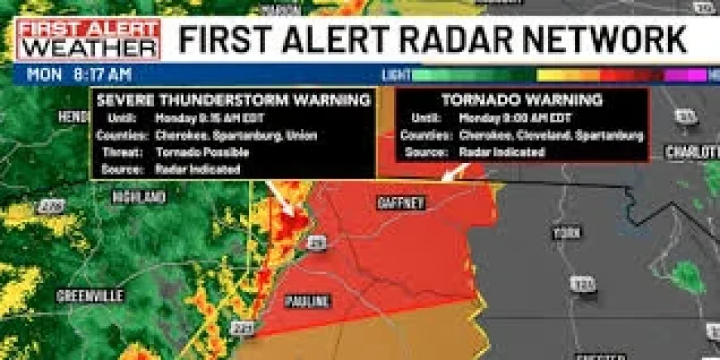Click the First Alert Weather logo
(x=88, y=39)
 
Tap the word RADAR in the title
(x=396, y=38)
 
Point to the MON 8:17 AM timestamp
(x=79, y=74)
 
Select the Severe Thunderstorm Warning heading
(x=233, y=100)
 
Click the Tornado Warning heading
(x=521, y=100)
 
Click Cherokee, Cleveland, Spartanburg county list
(x=550, y=135)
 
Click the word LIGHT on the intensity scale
(x=396, y=74)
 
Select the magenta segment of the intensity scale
(x=684, y=74)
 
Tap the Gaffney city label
(x=400, y=202)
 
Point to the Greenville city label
(x=89, y=295)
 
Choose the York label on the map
(x=567, y=233)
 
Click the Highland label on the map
(x=139, y=197)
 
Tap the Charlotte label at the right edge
(x=693, y=153)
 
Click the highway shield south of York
(x=583, y=284)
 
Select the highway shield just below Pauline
(x=241, y=329)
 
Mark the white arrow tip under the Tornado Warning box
(x=444, y=178)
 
